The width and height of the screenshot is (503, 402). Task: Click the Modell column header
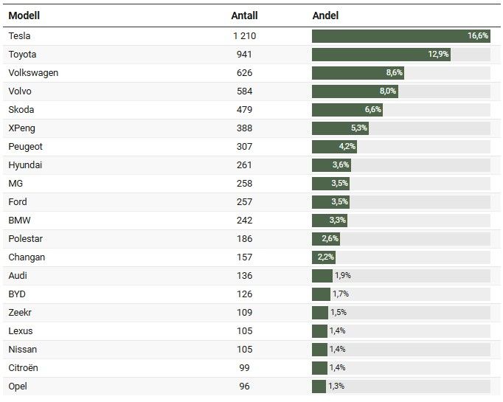(24, 15)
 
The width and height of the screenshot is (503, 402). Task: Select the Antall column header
(244, 15)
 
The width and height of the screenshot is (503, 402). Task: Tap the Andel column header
(325, 15)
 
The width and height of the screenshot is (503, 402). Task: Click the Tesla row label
(20, 35)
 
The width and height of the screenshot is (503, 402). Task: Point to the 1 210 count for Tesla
(244, 35)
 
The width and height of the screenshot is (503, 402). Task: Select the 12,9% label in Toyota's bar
(438, 54)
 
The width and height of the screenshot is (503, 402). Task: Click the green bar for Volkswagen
(358, 72)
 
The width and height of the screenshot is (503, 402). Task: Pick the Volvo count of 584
(244, 91)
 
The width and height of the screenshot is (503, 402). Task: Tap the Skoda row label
(21, 109)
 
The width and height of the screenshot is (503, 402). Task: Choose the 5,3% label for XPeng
(358, 128)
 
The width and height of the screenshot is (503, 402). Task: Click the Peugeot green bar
(334, 146)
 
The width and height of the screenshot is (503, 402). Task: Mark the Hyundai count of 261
(244, 164)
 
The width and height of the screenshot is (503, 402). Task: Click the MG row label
(16, 183)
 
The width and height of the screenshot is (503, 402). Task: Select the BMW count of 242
(244, 220)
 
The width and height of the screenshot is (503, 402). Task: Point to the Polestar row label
(26, 238)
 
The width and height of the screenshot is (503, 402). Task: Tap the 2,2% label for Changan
(325, 257)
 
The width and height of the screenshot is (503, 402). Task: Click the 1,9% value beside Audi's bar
(342, 275)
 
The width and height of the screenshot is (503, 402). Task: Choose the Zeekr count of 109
(244, 312)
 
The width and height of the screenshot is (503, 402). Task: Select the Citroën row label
(24, 367)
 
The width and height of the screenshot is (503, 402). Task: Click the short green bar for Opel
(319, 386)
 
